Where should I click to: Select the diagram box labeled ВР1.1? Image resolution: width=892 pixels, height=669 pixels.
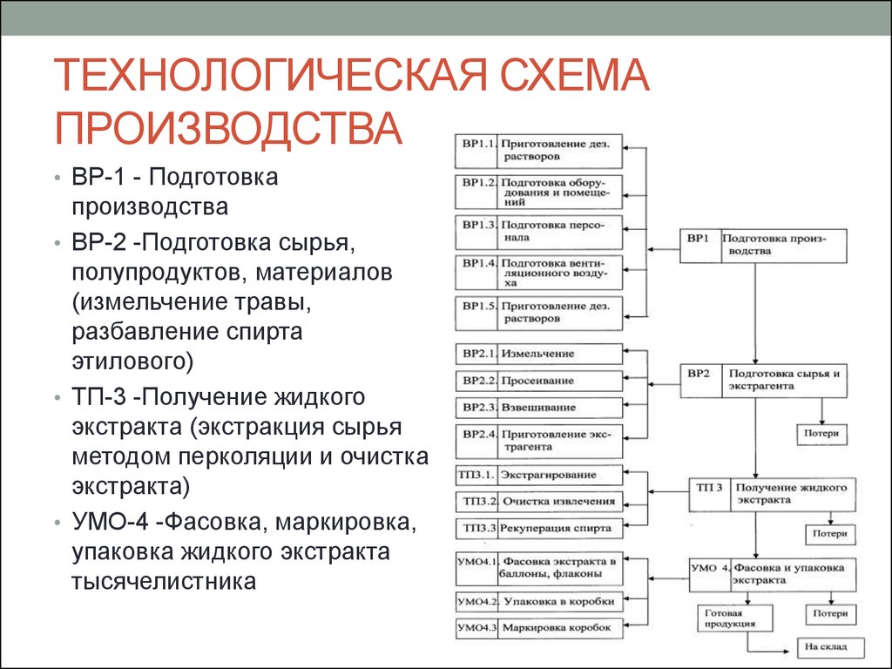coord(538,151)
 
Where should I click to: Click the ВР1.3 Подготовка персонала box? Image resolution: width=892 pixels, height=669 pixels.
coord(538,231)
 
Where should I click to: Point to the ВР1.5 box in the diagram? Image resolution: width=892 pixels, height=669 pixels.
coord(538,313)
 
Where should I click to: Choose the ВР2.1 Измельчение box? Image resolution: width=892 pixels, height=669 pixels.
coord(538,354)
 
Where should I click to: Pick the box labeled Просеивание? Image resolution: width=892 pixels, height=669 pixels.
coord(538,381)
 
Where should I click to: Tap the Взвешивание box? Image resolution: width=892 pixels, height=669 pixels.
coord(538,408)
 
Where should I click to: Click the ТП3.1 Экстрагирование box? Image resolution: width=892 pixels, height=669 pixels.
coord(538,475)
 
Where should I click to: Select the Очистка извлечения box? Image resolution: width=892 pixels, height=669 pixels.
coord(538,501)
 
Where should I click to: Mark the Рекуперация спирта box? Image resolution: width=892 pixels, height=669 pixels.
coord(538,528)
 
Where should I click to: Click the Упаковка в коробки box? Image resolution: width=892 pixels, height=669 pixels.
coord(538,601)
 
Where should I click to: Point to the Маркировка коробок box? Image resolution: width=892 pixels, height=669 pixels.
coord(538,628)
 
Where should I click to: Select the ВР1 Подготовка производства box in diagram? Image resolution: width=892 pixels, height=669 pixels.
coord(764,245)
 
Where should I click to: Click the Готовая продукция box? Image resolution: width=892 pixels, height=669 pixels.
coord(726,618)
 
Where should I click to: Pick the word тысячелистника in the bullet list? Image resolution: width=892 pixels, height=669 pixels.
coord(164,580)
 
